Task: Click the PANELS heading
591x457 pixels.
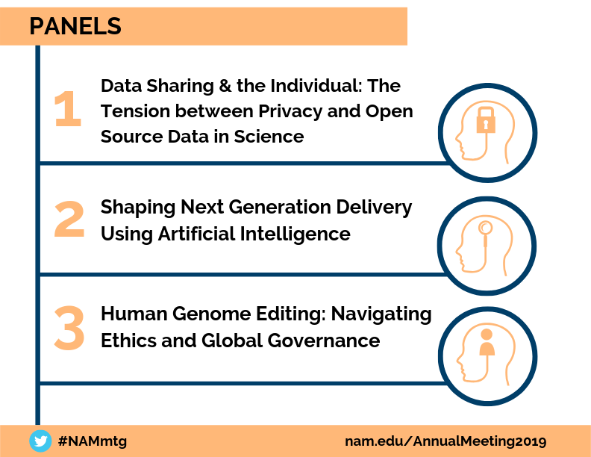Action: [x=75, y=26]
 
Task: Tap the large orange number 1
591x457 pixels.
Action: [x=68, y=109]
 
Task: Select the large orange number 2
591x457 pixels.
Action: [x=69, y=219]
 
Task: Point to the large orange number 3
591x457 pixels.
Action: [x=69, y=328]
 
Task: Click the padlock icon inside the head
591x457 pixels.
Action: [x=486, y=120]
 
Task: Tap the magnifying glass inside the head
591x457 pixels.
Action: [x=485, y=233]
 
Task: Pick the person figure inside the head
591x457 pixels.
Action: [x=487, y=342]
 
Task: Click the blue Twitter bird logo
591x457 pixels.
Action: [x=40, y=441]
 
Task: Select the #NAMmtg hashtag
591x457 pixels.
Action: [x=93, y=441]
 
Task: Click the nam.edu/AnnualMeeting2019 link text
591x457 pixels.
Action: [x=445, y=441]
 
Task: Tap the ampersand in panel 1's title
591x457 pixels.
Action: [x=225, y=86]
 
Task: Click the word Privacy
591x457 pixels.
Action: [x=290, y=111]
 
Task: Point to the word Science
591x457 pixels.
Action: [x=269, y=137]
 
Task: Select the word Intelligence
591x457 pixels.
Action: [x=295, y=234]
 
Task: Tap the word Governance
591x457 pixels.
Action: [x=324, y=341]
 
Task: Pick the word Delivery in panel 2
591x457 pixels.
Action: [x=374, y=208]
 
